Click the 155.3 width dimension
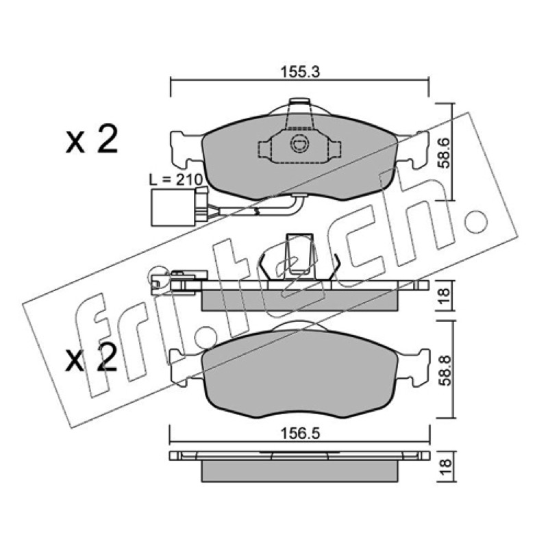click(301, 73)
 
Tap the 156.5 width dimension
click(301, 434)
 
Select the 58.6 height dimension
click(445, 153)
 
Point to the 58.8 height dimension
click(445, 370)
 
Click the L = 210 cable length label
click(176, 179)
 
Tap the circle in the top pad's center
click(299, 143)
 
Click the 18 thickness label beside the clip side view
click(445, 296)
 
